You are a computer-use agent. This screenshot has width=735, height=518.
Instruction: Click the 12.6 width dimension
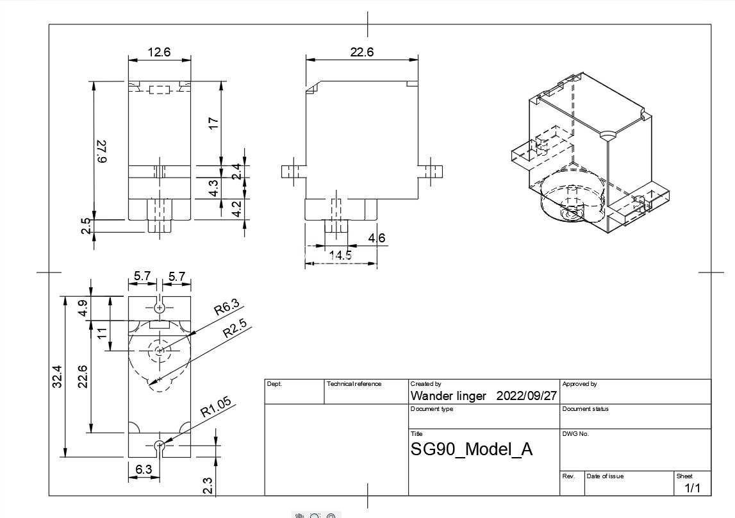coord(159,52)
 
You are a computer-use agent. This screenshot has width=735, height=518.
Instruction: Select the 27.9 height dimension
coord(101,151)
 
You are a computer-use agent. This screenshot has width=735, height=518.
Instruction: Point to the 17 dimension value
coord(213,123)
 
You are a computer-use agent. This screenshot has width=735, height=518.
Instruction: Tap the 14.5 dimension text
coord(340,255)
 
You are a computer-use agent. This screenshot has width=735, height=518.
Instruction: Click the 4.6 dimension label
coord(376,238)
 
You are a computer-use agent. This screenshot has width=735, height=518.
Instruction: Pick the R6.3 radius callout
coord(227,306)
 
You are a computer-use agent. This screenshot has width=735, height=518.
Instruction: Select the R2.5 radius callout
coord(235,329)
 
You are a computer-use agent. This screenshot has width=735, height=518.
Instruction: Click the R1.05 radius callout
coord(216,407)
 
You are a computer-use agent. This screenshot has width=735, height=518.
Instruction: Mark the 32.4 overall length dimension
coord(57,376)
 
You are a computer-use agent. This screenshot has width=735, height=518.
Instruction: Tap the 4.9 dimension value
coord(83,308)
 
